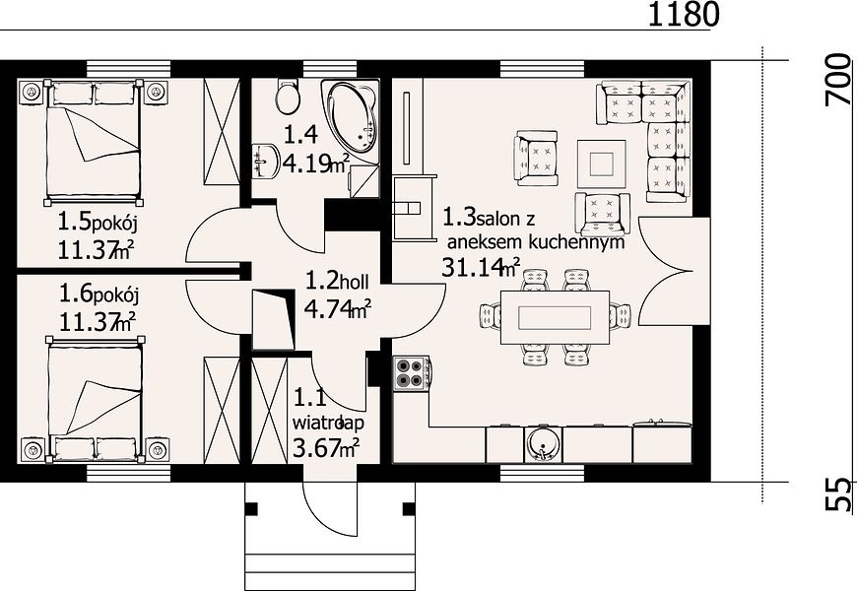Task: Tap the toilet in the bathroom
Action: click(x=288, y=97)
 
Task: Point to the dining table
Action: click(x=555, y=317)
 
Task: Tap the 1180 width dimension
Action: click(x=684, y=15)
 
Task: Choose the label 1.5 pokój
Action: click(x=98, y=223)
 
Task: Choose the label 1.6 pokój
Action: click(x=99, y=295)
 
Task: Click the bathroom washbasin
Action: click(x=266, y=161)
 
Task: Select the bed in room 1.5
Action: click(x=94, y=141)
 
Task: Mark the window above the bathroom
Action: click(x=330, y=69)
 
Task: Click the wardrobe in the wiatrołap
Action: click(x=269, y=410)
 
